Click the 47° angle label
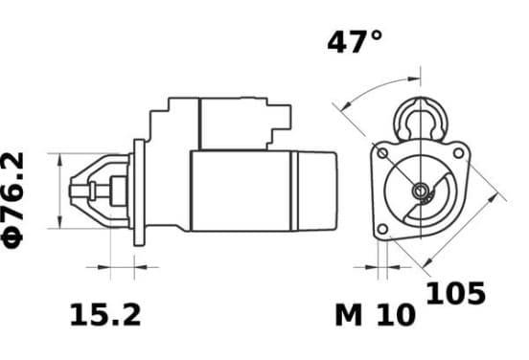355,42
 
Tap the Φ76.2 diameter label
12,200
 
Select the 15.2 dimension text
105,315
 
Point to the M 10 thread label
375,315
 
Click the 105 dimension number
456,293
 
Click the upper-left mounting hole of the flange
382,153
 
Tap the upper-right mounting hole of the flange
458,153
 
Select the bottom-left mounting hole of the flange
382,229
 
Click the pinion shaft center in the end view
421,191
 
